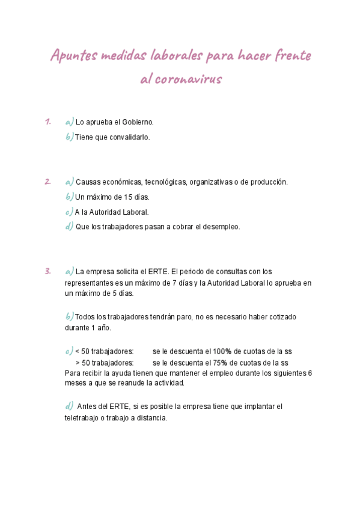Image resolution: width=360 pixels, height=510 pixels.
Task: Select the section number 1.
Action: (47, 121)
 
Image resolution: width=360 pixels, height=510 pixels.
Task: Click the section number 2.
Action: (47, 181)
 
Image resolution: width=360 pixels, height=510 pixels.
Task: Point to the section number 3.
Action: (47, 271)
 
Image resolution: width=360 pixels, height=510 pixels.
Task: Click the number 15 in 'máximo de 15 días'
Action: (128, 197)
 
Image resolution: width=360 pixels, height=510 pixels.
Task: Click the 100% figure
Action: (223, 351)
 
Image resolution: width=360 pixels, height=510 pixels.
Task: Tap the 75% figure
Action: (221, 363)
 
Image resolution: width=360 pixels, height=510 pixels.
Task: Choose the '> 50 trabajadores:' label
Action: (104, 363)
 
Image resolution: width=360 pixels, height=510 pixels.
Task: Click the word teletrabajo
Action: (83, 418)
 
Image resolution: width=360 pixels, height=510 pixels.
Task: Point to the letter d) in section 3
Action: (69, 406)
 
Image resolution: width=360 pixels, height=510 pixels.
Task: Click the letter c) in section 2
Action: (69, 212)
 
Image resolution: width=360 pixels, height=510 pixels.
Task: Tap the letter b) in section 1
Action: (69, 137)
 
